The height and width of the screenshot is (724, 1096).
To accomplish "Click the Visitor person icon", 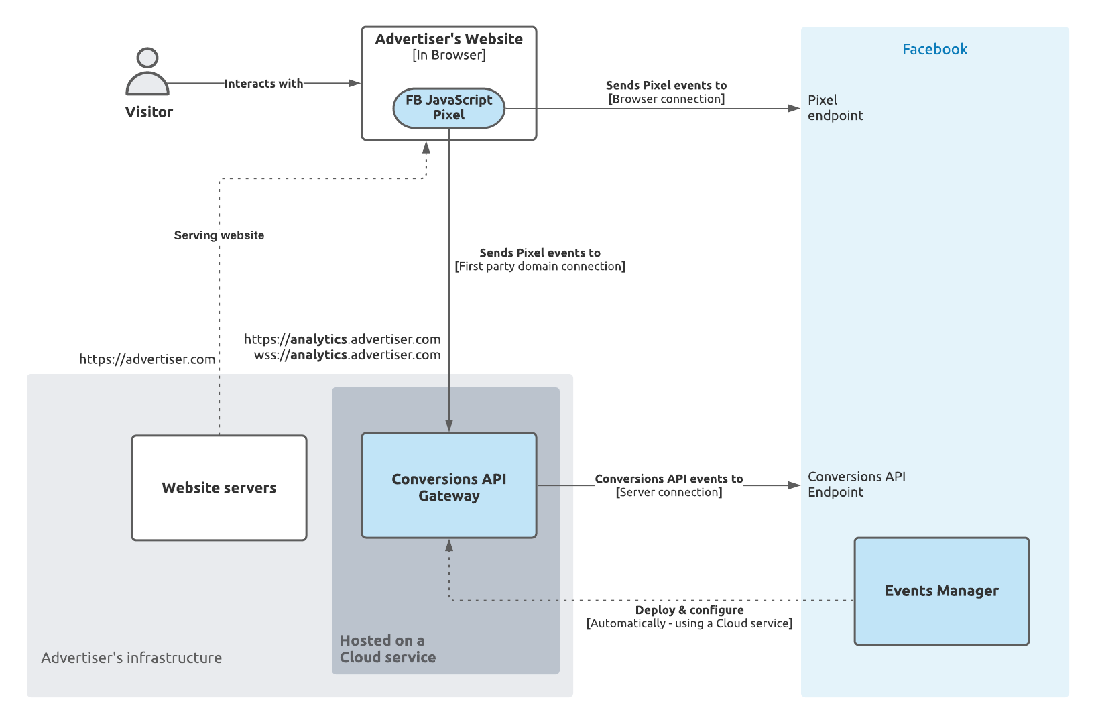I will click(x=147, y=72).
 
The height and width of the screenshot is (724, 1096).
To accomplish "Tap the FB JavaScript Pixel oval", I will click(x=448, y=108).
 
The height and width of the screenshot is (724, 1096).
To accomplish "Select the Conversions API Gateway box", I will click(x=448, y=486).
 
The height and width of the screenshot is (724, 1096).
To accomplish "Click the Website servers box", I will click(x=219, y=488).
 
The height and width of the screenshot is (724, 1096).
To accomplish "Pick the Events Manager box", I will click(x=941, y=591).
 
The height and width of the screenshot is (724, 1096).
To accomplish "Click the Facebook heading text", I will click(x=934, y=49).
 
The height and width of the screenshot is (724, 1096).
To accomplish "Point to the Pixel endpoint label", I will click(x=835, y=107).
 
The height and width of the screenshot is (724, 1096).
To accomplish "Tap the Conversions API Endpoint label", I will click(x=856, y=484).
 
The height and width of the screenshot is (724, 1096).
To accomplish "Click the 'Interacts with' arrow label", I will click(x=263, y=84).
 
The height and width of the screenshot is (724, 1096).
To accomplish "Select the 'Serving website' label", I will click(x=219, y=235).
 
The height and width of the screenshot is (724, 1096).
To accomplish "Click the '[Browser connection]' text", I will click(x=666, y=99).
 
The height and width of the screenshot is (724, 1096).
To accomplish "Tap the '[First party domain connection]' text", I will click(x=540, y=267).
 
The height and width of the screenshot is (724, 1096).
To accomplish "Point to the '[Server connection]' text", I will click(x=669, y=493).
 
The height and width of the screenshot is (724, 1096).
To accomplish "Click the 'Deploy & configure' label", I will click(x=689, y=610).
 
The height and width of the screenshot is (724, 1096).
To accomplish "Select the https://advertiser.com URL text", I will click(x=147, y=359).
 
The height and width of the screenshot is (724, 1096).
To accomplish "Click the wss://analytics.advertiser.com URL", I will click(x=347, y=355).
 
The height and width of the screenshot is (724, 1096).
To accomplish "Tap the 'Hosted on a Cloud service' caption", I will click(x=387, y=649).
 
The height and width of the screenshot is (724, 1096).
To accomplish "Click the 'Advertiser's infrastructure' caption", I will click(x=131, y=658).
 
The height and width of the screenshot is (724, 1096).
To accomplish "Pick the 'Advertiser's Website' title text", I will click(x=448, y=39).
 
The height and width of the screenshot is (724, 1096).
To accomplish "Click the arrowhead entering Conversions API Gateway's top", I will click(x=449, y=426).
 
